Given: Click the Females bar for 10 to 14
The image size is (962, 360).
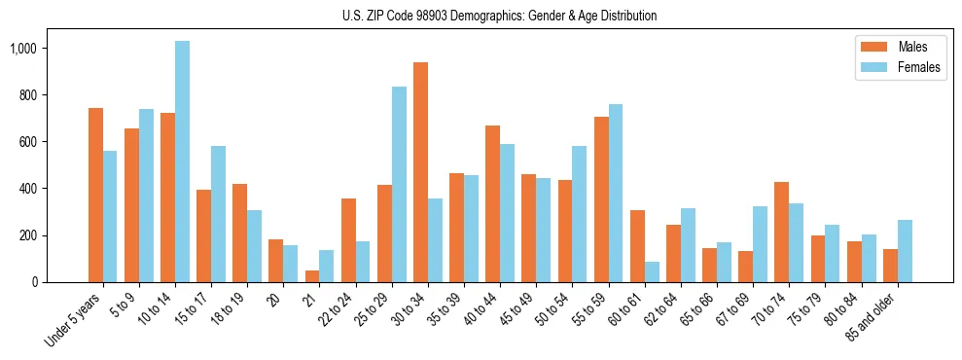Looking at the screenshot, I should click(x=183, y=162).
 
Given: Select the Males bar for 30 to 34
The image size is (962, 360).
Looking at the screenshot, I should click(x=420, y=172).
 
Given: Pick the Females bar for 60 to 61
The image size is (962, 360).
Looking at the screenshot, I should click(x=652, y=271).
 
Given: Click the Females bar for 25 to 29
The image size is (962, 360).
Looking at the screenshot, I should click(x=399, y=184).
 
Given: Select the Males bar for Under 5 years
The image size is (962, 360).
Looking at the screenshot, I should click(x=95, y=195).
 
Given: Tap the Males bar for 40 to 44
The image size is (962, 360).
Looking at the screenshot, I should click(x=493, y=203).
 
